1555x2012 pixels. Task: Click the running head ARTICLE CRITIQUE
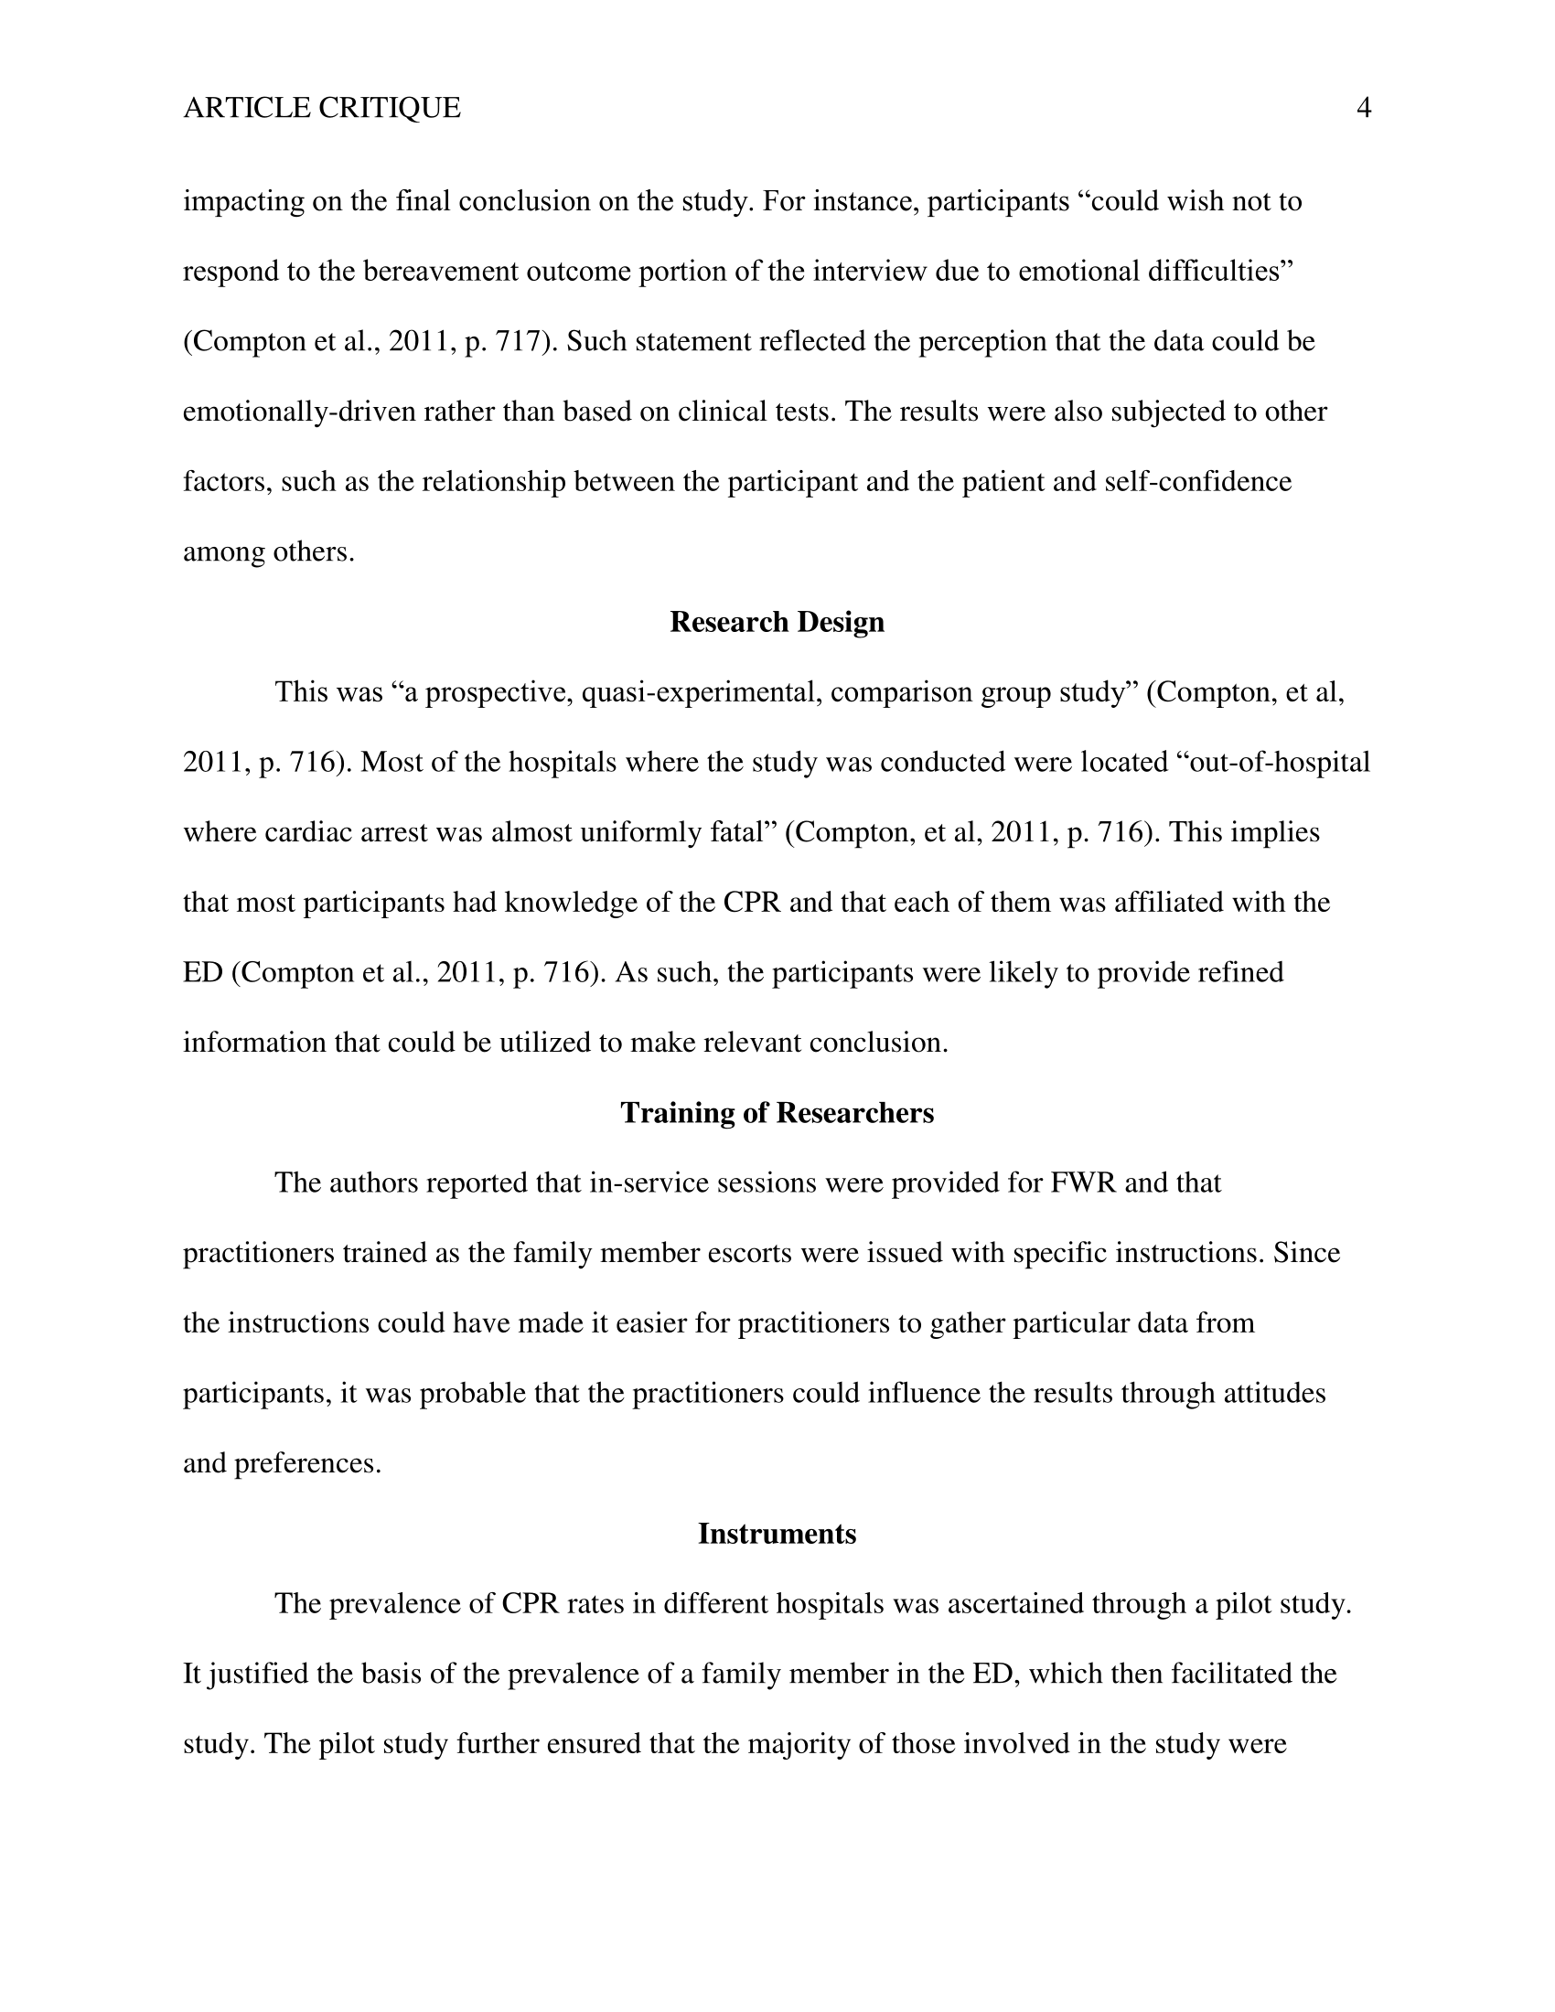click(x=321, y=109)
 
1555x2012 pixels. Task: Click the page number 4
click(x=1364, y=109)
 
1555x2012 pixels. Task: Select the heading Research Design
click(x=777, y=622)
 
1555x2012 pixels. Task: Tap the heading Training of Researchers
click(x=777, y=1113)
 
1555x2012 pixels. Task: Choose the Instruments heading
click(x=777, y=1534)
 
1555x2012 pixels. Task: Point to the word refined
click(x=1240, y=973)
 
